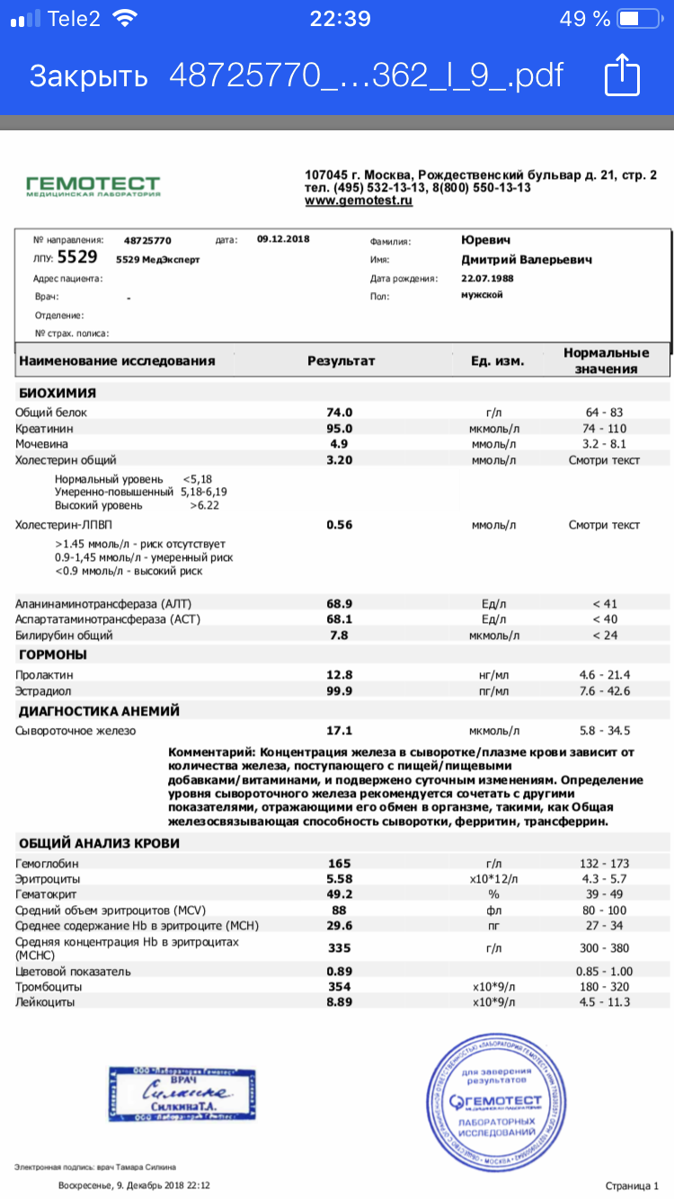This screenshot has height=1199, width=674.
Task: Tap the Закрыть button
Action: (88, 76)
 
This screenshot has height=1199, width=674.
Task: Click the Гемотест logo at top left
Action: (93, 186)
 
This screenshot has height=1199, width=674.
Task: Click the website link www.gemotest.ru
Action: (359, 201)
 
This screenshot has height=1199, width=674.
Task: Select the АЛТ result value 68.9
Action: (339, 603)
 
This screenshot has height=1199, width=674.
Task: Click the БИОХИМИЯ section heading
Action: (58, 393)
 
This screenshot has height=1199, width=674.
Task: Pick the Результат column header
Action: (341, 360)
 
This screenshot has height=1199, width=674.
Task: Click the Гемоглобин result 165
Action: (340, 863)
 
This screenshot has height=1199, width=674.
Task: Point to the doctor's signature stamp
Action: (182, 1092)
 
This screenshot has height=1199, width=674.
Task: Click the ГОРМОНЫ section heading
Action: (53, 654)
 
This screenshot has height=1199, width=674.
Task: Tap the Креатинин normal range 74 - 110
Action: (604, 428)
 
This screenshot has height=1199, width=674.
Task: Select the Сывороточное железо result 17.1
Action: (339, 731)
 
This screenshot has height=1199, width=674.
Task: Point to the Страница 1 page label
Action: (632, 1186)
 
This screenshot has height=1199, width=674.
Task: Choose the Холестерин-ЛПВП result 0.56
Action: (339, 525)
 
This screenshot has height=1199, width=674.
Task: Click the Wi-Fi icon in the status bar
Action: (127, 18)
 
